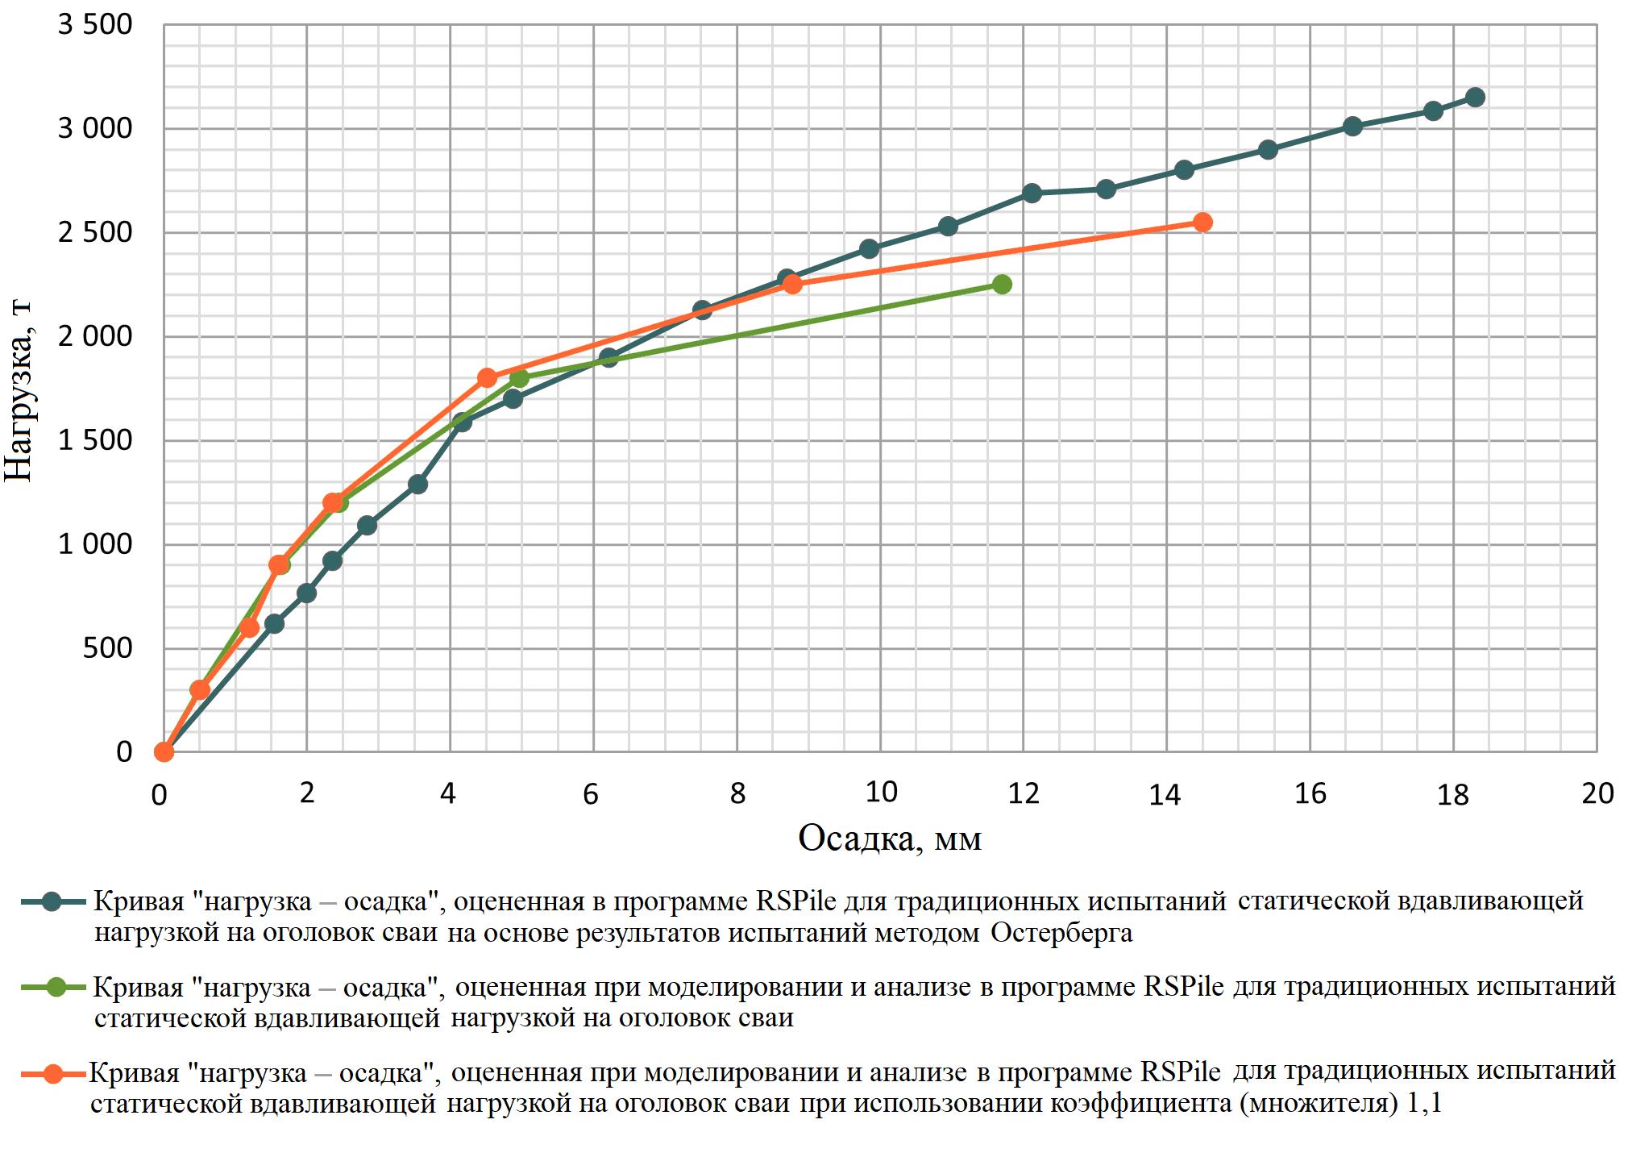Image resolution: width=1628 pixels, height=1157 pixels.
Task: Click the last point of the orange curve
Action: (1202, 223)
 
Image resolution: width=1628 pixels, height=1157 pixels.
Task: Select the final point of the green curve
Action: (1002, 284)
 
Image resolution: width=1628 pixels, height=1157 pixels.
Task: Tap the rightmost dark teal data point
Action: (1475, 98)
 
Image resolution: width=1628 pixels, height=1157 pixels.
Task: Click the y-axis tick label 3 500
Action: (95, 25)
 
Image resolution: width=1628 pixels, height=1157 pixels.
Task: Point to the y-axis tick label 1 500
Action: (95, 440)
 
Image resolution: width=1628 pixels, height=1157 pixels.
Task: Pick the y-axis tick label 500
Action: (107, 648)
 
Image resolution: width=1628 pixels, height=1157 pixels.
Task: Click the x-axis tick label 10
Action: (881, 793)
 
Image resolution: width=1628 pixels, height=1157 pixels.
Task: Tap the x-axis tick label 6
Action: (592, 795)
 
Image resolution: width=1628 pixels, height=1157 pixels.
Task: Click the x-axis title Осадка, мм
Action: (890, 839)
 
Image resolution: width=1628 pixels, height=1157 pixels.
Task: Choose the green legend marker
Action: (55, 988)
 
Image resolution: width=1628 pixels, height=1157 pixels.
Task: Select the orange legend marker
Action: (53, 1074)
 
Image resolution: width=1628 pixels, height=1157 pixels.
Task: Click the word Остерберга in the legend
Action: (1061, 933)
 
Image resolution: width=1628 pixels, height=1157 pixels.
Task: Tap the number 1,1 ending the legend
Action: (1424, 1104)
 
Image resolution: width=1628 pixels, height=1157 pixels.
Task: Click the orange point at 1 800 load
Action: (487, 378)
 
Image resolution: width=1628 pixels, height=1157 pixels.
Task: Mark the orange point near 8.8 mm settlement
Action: (792, 284)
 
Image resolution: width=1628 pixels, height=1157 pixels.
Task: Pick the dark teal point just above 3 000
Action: (1352, 126)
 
